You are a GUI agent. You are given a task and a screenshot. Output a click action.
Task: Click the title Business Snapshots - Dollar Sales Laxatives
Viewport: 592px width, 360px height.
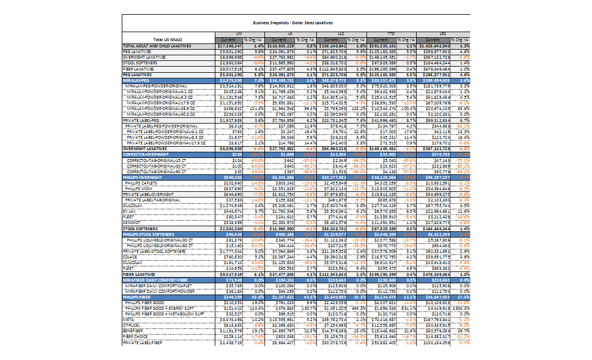tap(293, 23)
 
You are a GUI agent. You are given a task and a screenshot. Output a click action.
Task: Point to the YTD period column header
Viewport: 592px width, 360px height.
tap(391, 34)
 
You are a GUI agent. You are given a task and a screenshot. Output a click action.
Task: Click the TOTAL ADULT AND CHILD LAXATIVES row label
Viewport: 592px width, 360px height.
tap(157, 46)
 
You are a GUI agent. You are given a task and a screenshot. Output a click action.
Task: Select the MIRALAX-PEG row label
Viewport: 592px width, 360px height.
tap(142, 81)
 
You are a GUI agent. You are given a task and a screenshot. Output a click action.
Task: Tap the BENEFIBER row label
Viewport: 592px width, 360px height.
tap(135, 330)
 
